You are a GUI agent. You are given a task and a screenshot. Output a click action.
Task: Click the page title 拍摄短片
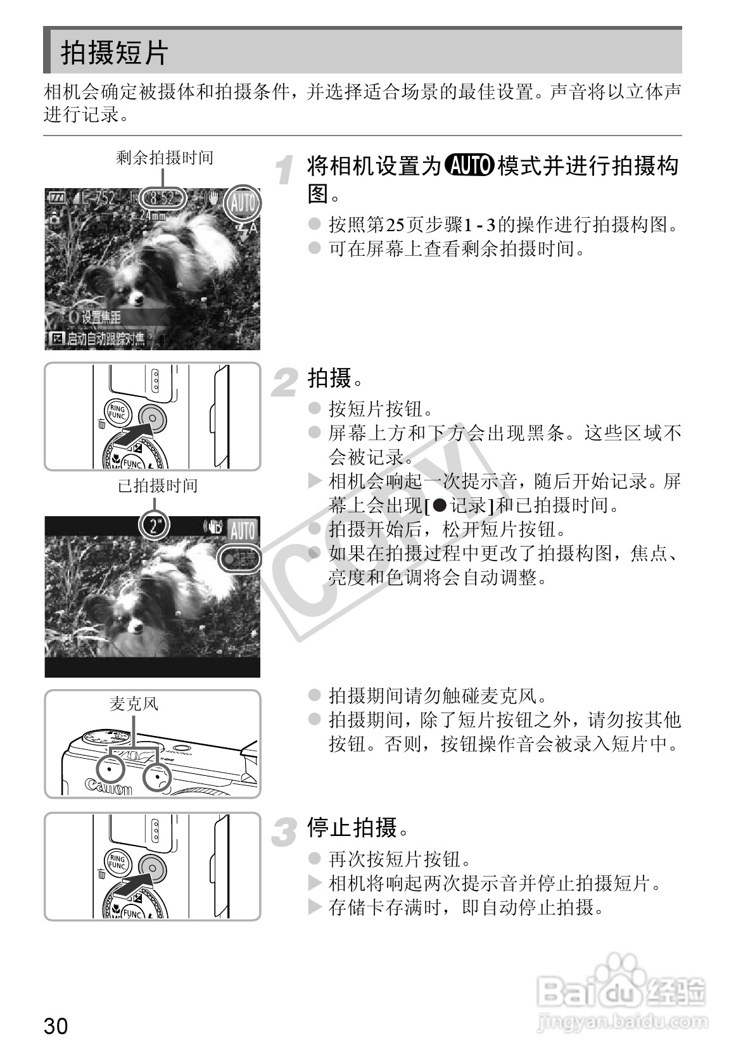[x=115, y=53]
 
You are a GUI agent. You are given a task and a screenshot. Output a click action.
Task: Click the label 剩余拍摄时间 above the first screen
[x=165, y=158]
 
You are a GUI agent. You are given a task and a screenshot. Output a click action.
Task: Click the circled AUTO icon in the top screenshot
[x=243, y=203]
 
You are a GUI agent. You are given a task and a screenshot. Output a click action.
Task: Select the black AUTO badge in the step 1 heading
[x=469, y=167]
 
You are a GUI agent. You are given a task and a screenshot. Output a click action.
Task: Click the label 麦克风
[x=133, y=704]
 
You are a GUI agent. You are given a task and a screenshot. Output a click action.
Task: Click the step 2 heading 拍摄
[x=329, y=379]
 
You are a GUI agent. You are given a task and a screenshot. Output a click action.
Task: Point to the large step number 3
[x=286, y=832]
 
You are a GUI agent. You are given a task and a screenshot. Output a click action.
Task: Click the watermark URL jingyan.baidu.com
[x=621, y=1022]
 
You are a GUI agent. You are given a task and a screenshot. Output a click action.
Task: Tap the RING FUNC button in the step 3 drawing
[x=117, y=862]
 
